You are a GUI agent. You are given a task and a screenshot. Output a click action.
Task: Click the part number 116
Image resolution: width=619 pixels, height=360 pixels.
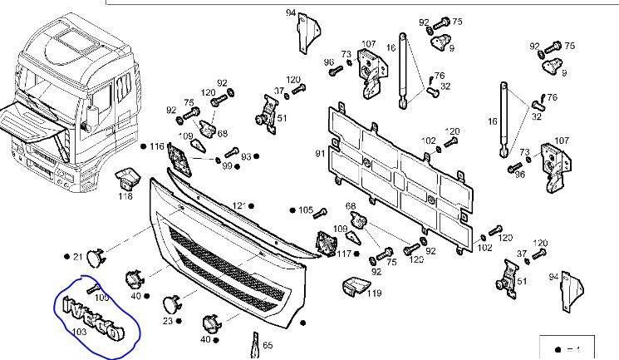(x=157, y=146)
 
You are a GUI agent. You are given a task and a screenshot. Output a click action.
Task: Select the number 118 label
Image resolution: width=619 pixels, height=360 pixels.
(x=125, y=196)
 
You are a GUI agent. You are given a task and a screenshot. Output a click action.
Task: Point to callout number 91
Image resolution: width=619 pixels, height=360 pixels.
(x=319, y=154)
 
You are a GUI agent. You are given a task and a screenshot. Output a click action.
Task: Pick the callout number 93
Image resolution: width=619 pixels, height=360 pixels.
(x=246, y=156)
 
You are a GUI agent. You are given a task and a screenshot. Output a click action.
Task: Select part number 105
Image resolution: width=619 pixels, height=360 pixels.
(x=306, y=210)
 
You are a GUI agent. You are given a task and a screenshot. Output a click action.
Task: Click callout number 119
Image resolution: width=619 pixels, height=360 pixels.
(x=374, y=293)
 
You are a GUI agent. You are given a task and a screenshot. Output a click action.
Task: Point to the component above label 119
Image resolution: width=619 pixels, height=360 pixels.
(x=355, y=284)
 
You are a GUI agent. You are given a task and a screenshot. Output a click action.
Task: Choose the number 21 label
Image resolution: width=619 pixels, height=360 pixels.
(x=77, y=257)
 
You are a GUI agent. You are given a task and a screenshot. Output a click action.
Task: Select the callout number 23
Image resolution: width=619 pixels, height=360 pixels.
(x=166, y=321)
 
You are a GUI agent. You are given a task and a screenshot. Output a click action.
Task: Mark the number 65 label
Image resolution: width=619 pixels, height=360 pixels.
(x=268, y=344)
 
